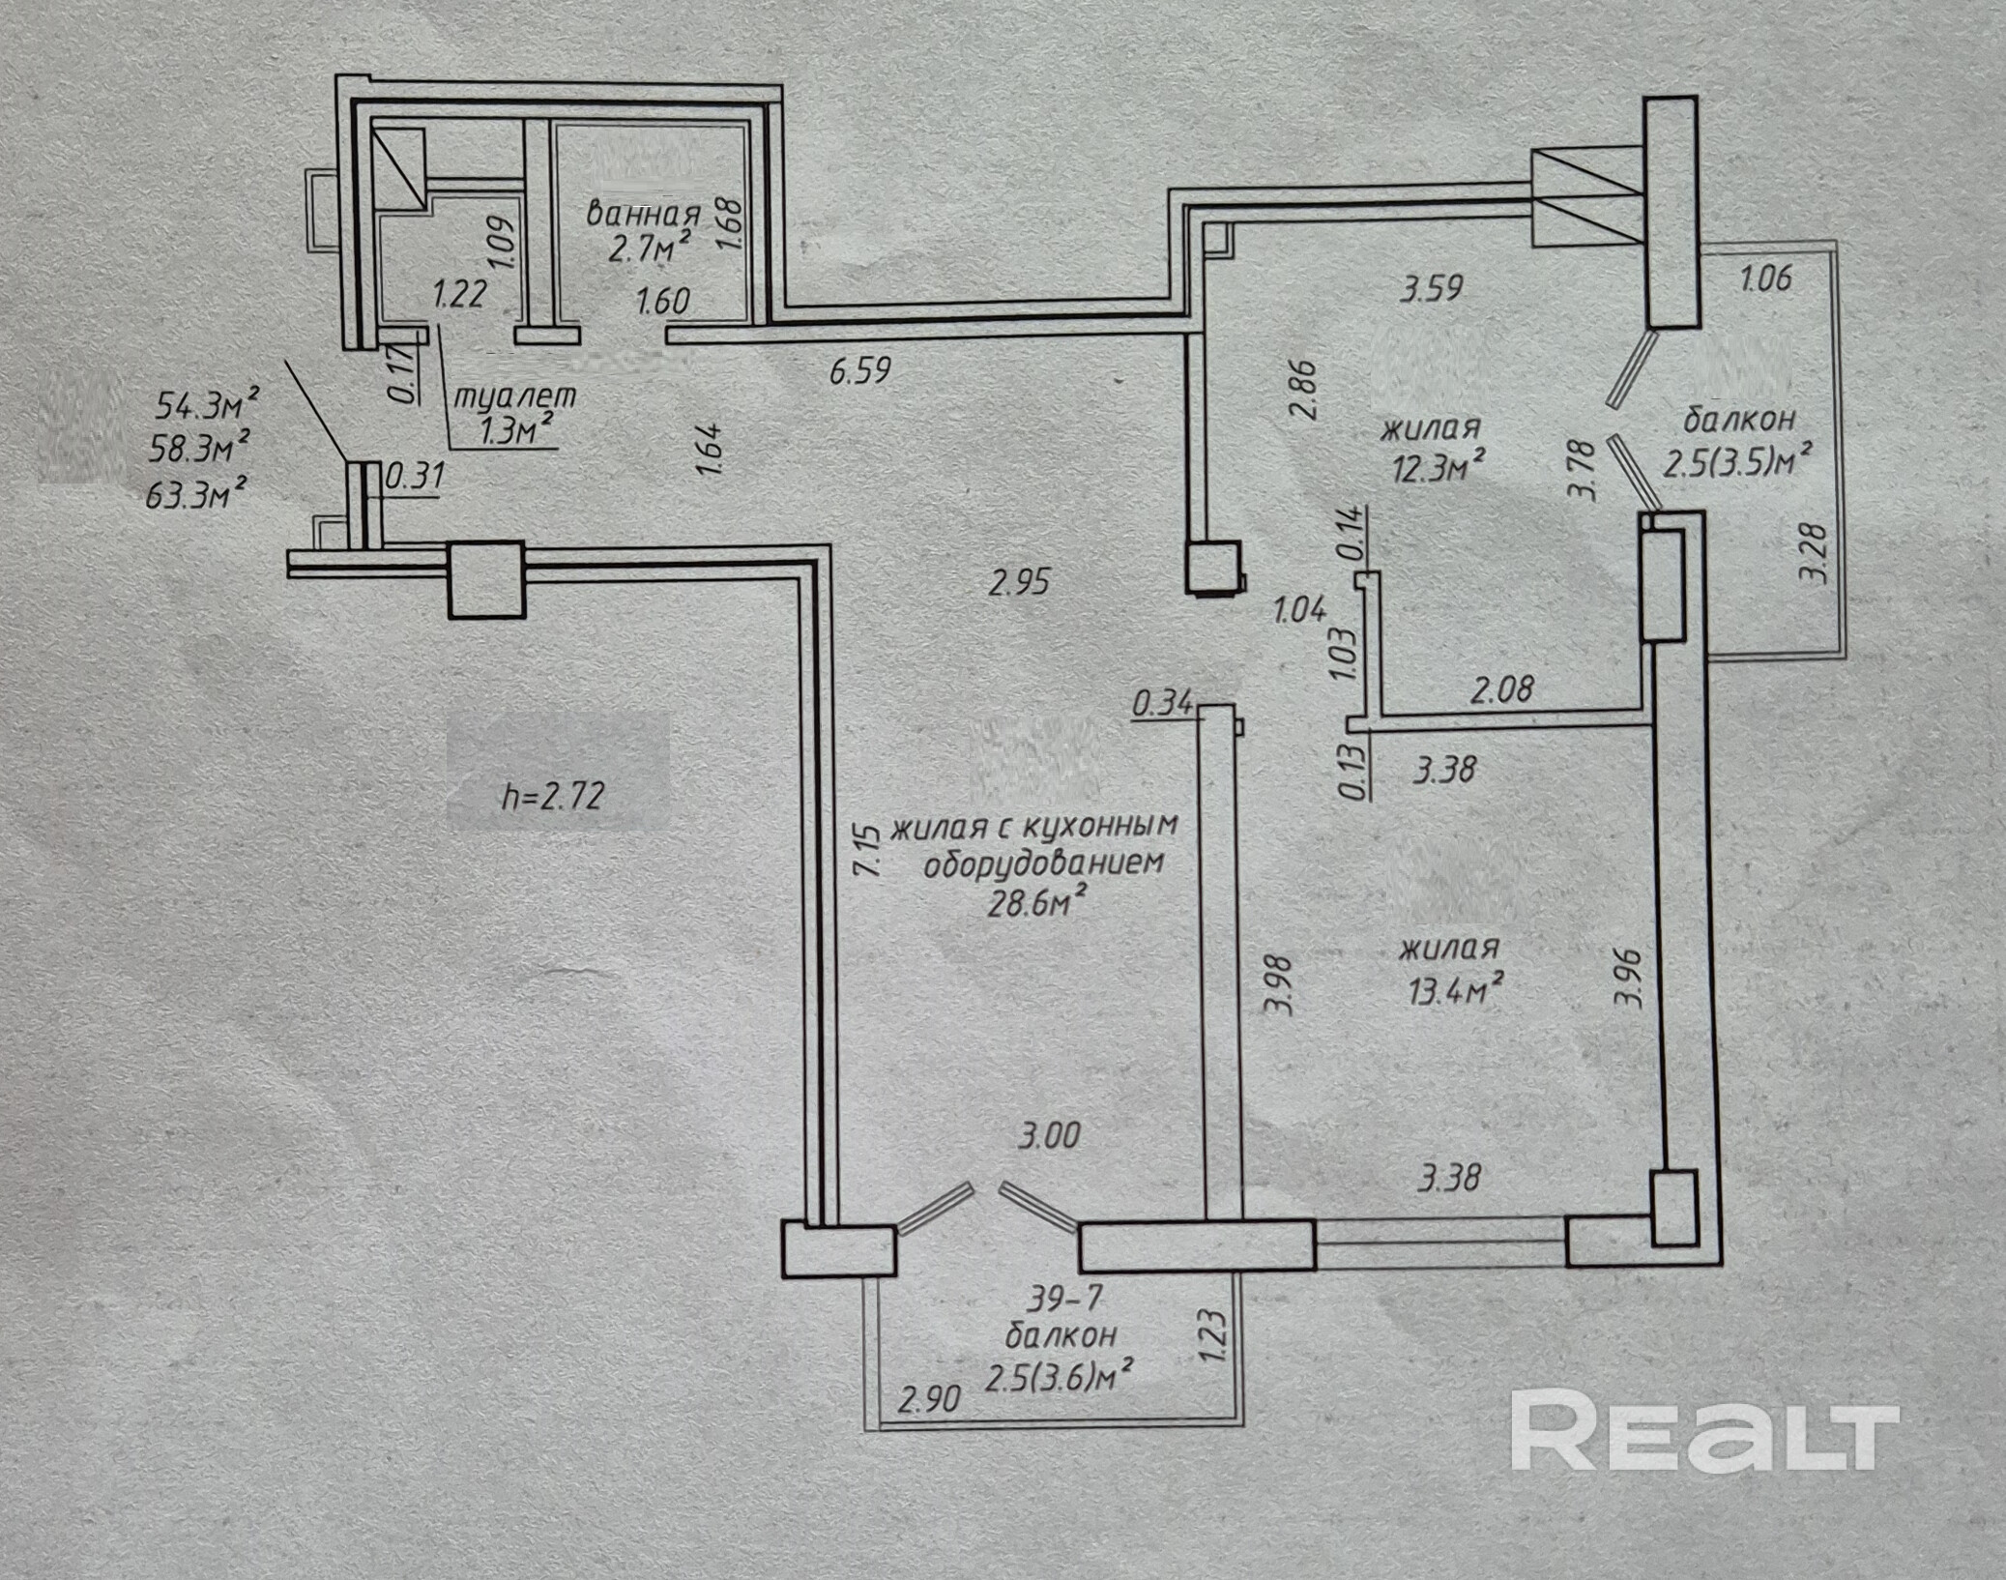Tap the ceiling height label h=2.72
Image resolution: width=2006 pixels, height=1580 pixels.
click(x=554, y=796)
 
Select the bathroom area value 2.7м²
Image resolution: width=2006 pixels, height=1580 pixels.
click(x=649, y=249)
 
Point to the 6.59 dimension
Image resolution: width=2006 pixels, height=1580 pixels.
click(x=859, y=370)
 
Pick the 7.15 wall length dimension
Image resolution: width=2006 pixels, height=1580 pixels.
click(x=868, y=849)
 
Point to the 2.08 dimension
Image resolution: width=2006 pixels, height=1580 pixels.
click(x=1501, y=689)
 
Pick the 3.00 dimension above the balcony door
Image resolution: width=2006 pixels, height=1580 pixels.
click(x=1049, y=1135)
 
